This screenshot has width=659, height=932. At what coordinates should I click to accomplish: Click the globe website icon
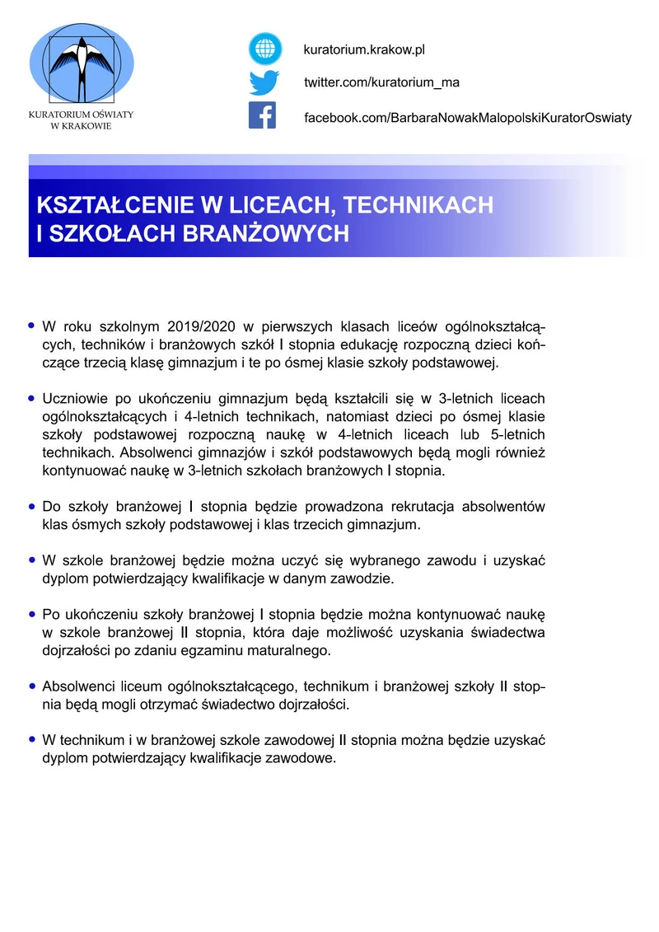[265, 49]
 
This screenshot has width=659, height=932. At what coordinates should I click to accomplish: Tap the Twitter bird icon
[265, 82]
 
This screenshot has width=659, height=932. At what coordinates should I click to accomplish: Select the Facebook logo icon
[263, 116]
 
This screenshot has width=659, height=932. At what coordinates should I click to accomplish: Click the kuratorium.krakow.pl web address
[363, 50]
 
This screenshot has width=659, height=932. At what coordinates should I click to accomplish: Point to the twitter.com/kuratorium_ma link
[381, 83]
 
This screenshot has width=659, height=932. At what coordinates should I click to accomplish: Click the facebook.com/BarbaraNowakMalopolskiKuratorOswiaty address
[467, 118]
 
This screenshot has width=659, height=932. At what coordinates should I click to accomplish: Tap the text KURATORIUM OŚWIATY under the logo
[81, 115]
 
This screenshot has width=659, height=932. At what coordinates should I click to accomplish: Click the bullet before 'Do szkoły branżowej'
[31, 506]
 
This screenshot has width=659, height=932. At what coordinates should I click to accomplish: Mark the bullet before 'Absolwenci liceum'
[31, 686]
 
